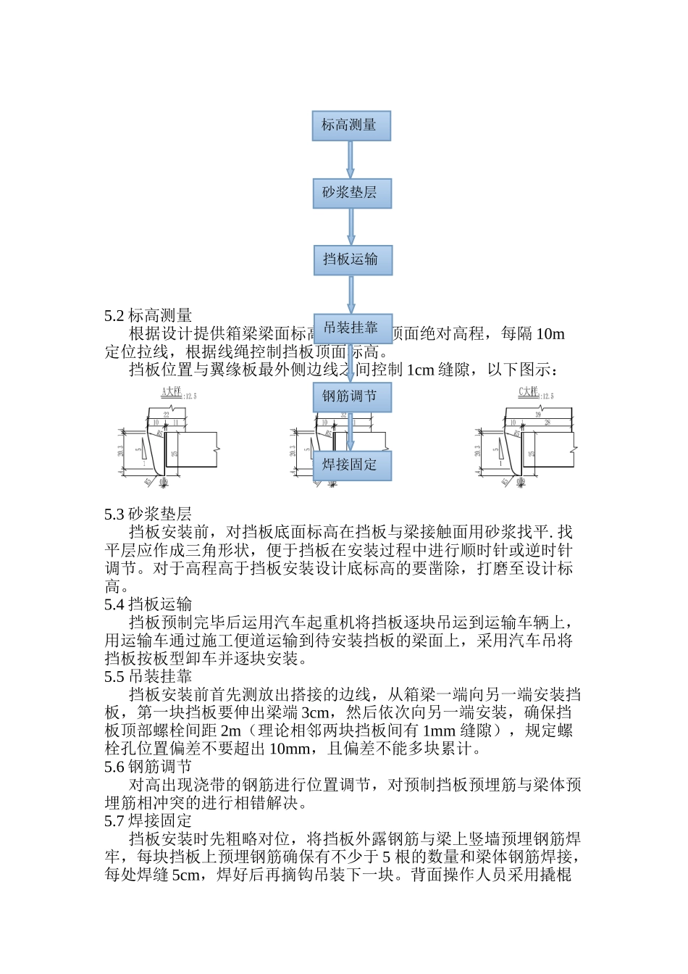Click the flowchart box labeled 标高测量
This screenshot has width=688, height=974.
click(351, 125)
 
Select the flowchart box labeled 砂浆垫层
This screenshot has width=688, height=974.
click(351, 193)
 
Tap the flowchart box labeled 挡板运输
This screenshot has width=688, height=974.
click(352, 259)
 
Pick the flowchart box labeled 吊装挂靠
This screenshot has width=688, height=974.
click(352, 328)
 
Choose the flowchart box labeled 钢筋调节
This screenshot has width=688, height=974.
click(351, 397)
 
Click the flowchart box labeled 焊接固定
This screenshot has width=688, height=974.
click(351, 465)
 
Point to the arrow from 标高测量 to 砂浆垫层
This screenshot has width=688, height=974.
click(351, 159)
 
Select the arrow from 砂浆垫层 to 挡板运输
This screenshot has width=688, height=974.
click(351, 227)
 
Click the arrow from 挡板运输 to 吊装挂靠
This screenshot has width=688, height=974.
click(351, 294)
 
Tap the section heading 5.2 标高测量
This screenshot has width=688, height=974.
click(148, 315)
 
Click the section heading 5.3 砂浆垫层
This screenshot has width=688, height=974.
click(148, 514)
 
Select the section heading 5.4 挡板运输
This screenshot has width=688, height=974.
click(148, 604)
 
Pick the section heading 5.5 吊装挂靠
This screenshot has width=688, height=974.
click(148, 677)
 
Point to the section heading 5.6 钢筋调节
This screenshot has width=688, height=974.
click(148, 767)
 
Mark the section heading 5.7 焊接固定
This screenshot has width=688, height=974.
click(148, 821)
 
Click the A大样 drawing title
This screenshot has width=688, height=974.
click(171, 392)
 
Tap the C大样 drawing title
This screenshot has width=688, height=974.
click(529, 392)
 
